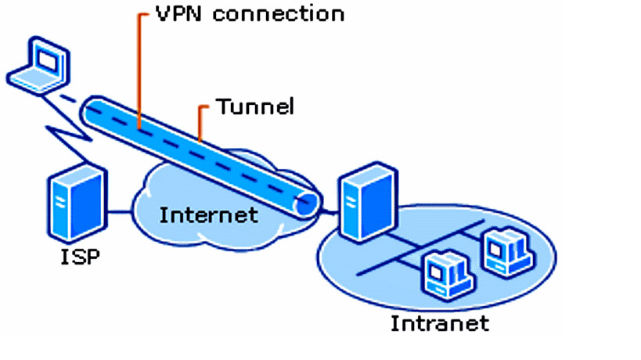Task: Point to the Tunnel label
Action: (x=254, y=106)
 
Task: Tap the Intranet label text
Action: (x=439, y=322)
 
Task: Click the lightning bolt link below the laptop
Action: (x=75, y=137)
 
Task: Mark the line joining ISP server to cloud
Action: (x=119, y=211)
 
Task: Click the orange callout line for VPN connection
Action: (x=139, y=70)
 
